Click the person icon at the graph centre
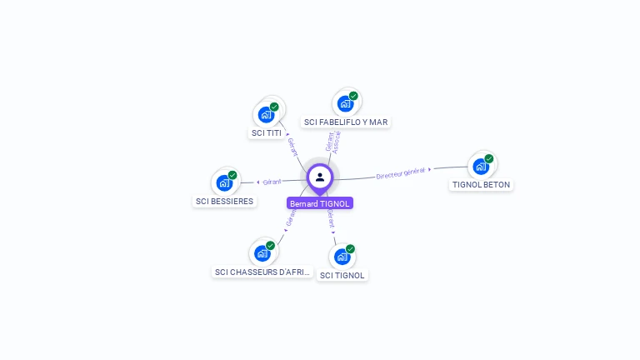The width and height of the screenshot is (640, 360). coord(320,177)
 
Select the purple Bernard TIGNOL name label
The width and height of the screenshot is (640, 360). coord(320,203)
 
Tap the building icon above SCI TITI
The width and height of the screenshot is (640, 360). coord(266,114)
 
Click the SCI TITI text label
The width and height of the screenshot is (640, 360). coord(267,133)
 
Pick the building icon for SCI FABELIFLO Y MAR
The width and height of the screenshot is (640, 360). coord(345,104)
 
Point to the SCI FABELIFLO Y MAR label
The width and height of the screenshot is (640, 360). coord(346,122)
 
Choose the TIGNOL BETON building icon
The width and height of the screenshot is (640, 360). coord(481,166)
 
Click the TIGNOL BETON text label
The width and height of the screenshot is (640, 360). coord(481,185)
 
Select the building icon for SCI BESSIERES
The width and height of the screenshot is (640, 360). coord(224,182)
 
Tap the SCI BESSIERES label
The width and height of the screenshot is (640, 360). coord(224,202)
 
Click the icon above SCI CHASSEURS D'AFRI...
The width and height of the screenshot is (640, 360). coord(262,252)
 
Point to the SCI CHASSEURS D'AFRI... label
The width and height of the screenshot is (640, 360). coord(262,272)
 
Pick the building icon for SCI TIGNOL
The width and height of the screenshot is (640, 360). coord(342,256)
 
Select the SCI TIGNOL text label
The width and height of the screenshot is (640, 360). coord(342,275)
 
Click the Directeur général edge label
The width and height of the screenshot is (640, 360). coord(401,173)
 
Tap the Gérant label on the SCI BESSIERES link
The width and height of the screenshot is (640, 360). coord(272,182)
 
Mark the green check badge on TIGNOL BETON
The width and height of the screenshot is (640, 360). coord(489,158)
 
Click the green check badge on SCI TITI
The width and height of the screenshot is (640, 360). coord(274,107)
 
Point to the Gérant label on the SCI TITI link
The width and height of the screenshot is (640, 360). coord(292,147)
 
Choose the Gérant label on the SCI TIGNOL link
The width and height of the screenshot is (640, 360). coord(331,218)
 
